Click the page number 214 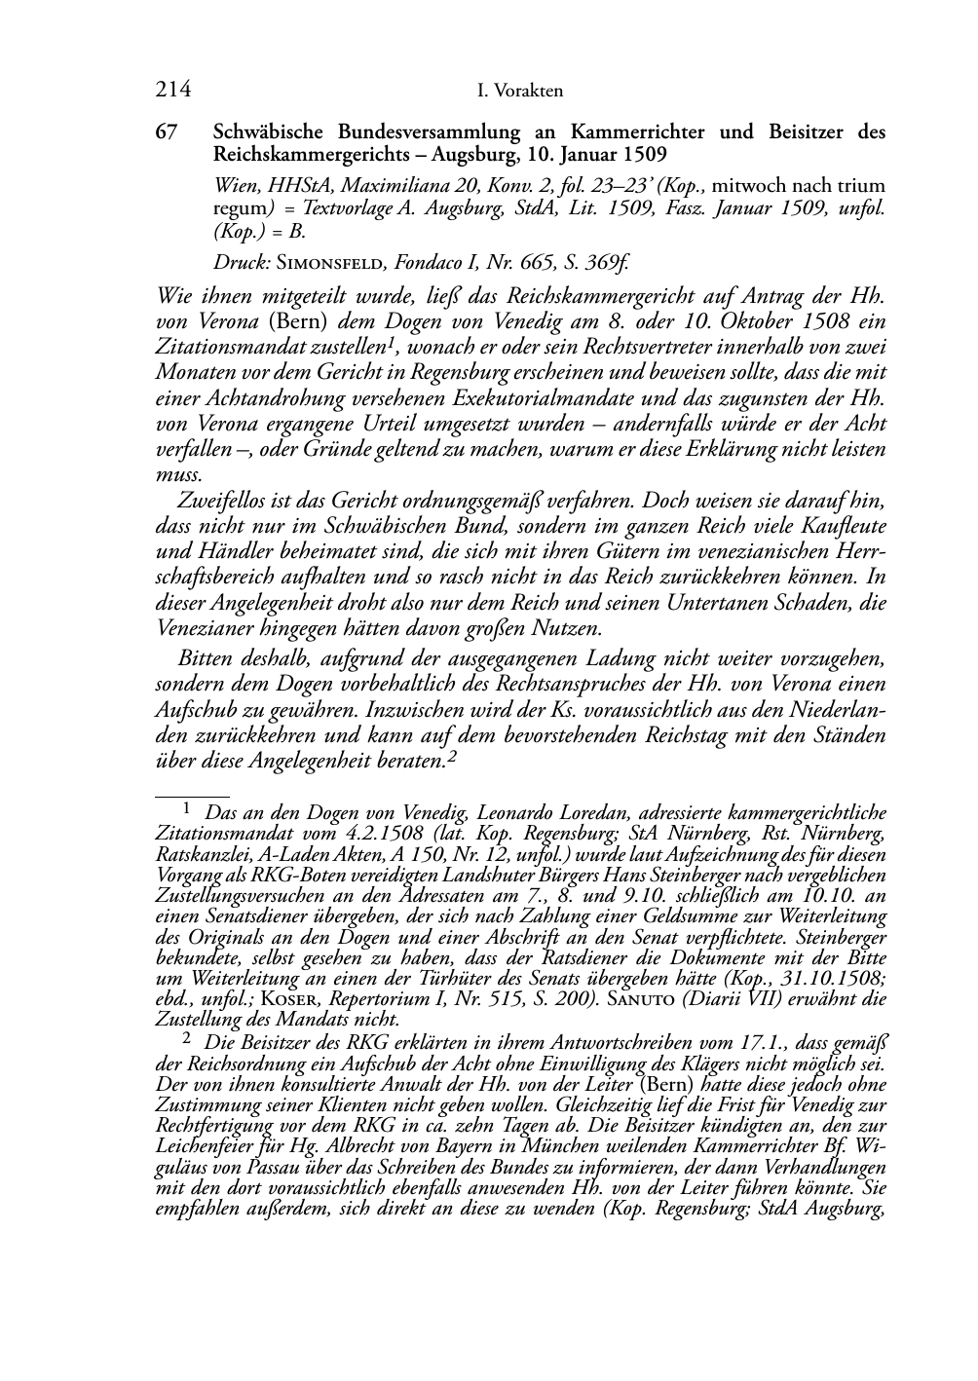pos(172,91)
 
